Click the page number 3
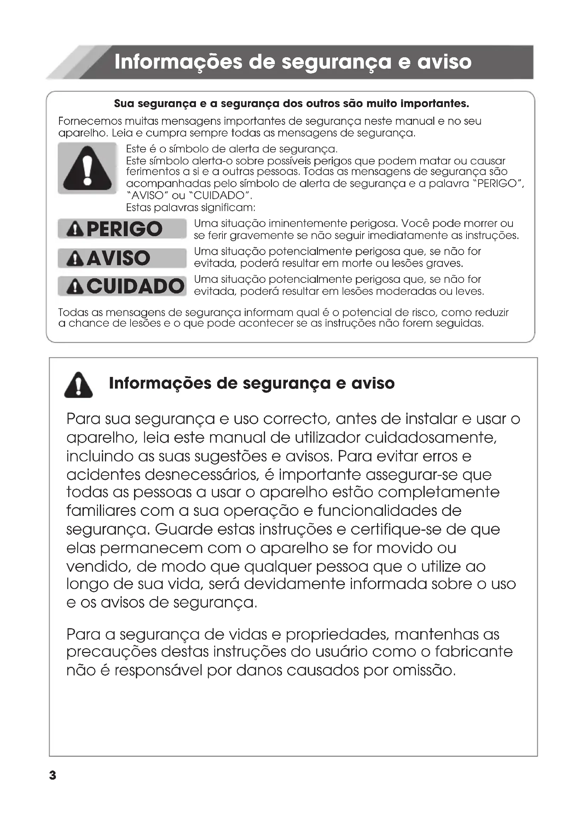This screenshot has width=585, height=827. point(53,775)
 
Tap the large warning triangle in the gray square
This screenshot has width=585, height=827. point(87,169)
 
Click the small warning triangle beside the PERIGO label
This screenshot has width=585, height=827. point(75,230)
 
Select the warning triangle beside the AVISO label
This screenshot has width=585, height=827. point(75,259)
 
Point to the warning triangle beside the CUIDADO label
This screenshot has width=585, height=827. point(75,287)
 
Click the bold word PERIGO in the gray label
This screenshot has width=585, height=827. point(124,229)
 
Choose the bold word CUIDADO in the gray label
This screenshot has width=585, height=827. point(135,286)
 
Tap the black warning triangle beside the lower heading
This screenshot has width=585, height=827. point(79,385)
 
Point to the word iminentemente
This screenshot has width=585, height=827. point(308,224)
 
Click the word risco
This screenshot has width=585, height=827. point(424,313)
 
